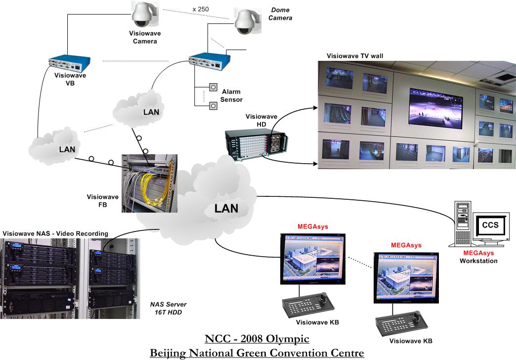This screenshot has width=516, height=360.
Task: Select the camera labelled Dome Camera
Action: click(245, 23)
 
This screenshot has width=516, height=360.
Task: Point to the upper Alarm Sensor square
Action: click(214, 87)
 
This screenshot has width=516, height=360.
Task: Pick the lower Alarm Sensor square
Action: click(214, 105)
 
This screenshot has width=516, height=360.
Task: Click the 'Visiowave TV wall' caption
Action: click(355, 56)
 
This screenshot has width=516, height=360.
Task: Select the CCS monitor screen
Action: click(490, 226)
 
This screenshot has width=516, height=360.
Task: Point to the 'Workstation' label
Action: click(478, 261)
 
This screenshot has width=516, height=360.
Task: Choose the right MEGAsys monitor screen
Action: click(406, 276)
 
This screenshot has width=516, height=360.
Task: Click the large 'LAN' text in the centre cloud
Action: click(226, 208)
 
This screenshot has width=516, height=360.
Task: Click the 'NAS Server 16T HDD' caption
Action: click(169, 308)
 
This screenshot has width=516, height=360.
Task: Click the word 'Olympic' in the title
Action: click(287, 339)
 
